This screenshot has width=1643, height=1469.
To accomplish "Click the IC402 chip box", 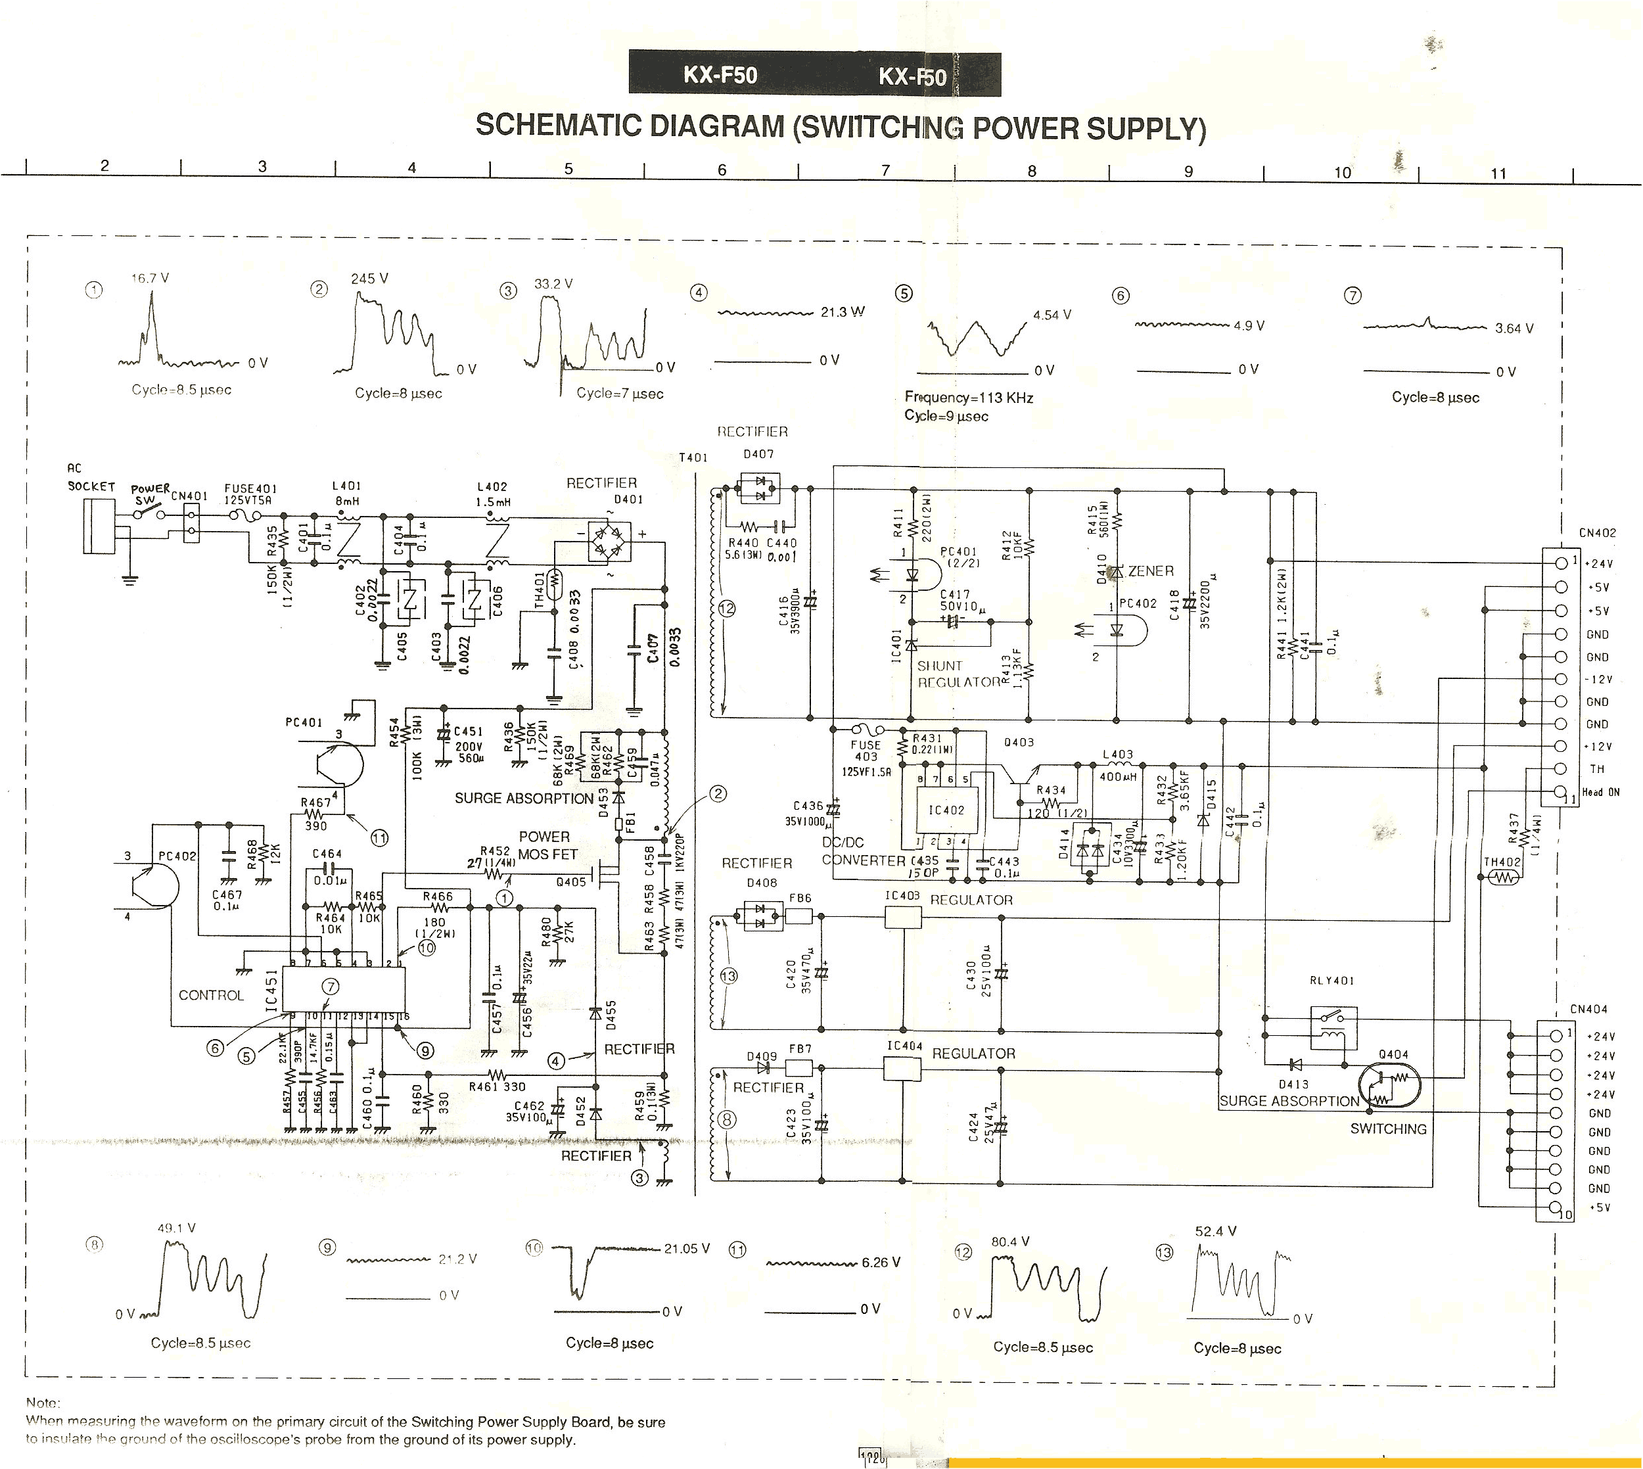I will [x=946, y=810].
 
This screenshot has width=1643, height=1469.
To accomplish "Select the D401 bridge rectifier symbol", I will [x=609, y=542].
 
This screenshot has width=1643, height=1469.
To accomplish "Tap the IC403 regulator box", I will [x=903, y=917].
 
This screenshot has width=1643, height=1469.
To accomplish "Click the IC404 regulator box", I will [x=903, y=1069].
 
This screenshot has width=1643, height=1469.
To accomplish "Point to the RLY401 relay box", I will [x=1333, y=1027].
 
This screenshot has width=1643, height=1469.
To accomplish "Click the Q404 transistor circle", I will [x=1388, y=1086].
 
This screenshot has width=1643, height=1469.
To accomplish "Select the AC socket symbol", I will [x=99, y=525].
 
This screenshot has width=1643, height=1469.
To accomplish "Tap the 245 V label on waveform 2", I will [x=369, y=279].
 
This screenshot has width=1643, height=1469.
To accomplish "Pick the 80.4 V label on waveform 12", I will [x=1009, y=1242].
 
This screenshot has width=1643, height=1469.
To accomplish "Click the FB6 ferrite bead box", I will [x=799, y=916].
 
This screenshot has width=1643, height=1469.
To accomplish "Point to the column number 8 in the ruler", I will [x=1031, y=171].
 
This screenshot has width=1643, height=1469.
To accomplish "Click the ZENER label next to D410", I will [x=1150, y=571].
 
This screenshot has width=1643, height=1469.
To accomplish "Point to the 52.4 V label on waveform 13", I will [x=1215, y=1232].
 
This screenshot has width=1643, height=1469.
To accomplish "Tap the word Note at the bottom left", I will [x=43, y=1403].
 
